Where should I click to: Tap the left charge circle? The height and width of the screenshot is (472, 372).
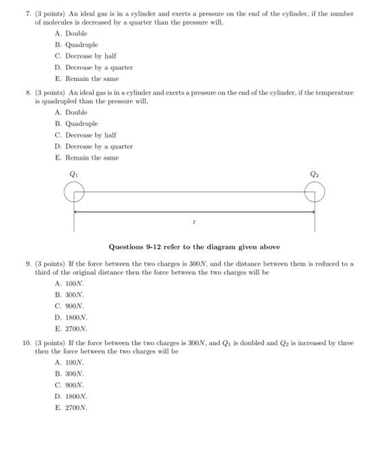(74, 194)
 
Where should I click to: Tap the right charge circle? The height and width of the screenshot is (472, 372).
(315, 194)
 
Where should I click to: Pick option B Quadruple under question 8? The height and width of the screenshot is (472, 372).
(76, 123)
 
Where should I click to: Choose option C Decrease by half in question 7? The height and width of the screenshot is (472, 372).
(86, 56)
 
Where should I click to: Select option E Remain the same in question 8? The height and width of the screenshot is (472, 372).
(87, 157)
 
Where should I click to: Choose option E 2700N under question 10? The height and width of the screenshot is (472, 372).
(71, 408)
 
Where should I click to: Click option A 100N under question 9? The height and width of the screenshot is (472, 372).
(69, 284)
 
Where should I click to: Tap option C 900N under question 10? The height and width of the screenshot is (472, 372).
(69, 385)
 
